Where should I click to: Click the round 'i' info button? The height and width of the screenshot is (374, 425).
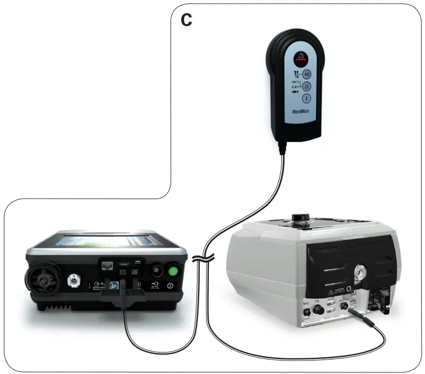point(306,98)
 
